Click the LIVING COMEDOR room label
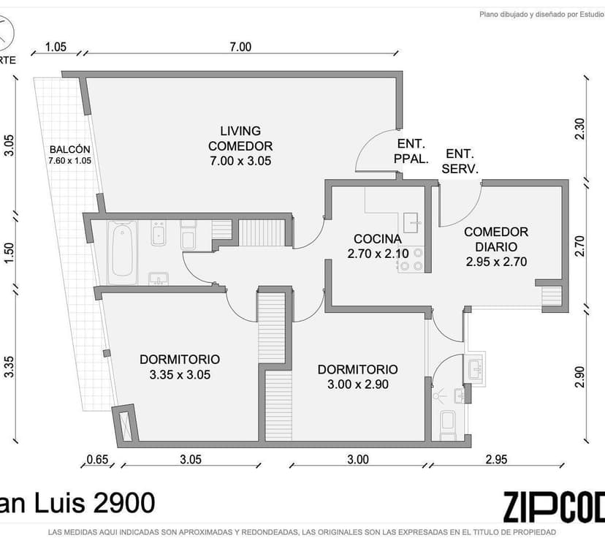click(240, 139)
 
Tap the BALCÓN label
click(70, 149)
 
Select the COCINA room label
click(377, 239)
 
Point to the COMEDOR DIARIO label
click(496, 239)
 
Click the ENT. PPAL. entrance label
click(411, 151)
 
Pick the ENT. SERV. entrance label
click(460, 161)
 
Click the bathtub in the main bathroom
click(122, 252)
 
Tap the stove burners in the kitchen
click(411, 259)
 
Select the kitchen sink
click(411, 223)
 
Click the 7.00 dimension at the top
click(240, 47)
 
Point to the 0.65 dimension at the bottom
click(97, 459)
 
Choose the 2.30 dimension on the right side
click(579, 129)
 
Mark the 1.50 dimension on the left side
click(9, 253)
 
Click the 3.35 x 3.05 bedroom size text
click(180, 374)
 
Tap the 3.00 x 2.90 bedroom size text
click(358, 384)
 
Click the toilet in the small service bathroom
click(448, 425)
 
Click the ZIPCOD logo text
click(554, 507)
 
